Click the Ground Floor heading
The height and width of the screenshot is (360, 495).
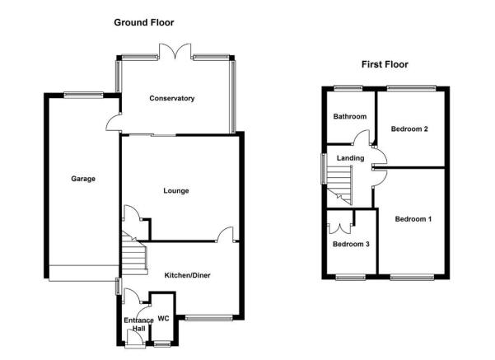[x=144, y=23]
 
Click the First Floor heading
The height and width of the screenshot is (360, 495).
[x=385, y=64]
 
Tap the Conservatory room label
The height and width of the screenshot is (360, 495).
[x=172, y=98]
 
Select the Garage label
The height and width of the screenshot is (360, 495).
[x=83, y=179]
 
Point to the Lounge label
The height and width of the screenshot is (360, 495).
[x=176, y=191]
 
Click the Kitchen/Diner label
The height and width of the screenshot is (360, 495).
[x=187, y=275]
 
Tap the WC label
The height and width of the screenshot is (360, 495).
[x=164, y=319]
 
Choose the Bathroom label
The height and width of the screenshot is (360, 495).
[x=350, y=116]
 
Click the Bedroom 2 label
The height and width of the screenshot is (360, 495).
[x=409, y=129]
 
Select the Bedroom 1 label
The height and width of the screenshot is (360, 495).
[x=413, y=219]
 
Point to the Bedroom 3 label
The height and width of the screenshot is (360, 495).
[x=351, y=244]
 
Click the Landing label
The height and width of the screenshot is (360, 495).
[x=350, y=158]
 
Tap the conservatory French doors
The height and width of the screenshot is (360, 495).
[x=175, y=51]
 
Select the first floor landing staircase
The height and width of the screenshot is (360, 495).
[x=339, y=184]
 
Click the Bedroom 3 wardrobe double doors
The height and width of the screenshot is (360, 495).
[x=340, y=228]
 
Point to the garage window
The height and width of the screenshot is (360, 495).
[x=83, y=95]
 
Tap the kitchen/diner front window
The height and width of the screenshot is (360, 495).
[x=208, y=318]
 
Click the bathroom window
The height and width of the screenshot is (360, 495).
[x=348, y=88]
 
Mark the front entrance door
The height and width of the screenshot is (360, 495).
[x=135, y=339]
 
